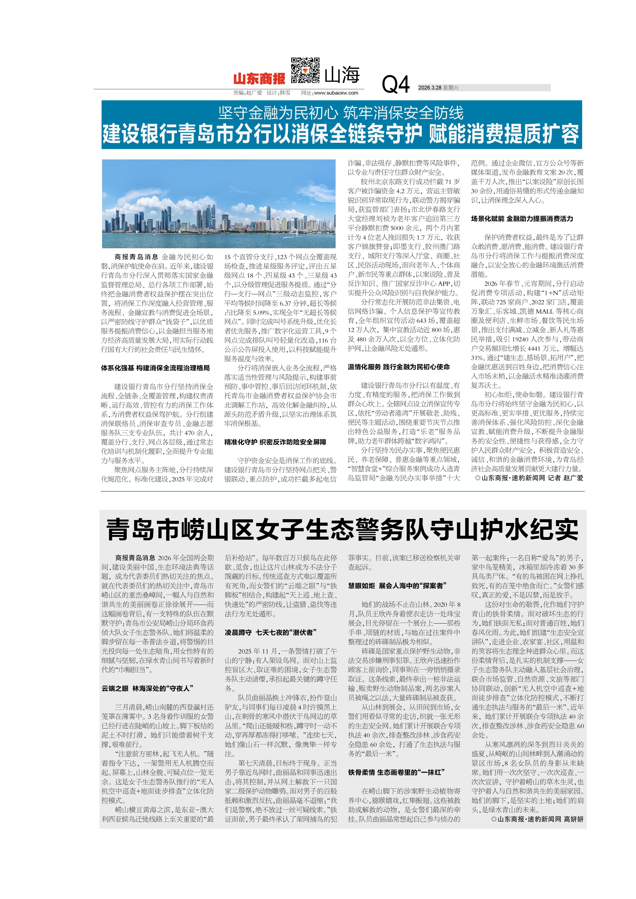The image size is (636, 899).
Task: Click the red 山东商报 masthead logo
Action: tap(259, 79)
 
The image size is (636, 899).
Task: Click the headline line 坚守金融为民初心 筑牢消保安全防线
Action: tap(341, 113)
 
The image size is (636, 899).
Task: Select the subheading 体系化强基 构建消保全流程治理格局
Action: tap(156, 368)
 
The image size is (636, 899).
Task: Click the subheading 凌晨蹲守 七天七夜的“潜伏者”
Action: tap(270, 632)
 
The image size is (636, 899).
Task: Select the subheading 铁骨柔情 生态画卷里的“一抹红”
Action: tap(396, 772)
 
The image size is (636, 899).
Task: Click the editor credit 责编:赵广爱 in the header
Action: tap(247, 93)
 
